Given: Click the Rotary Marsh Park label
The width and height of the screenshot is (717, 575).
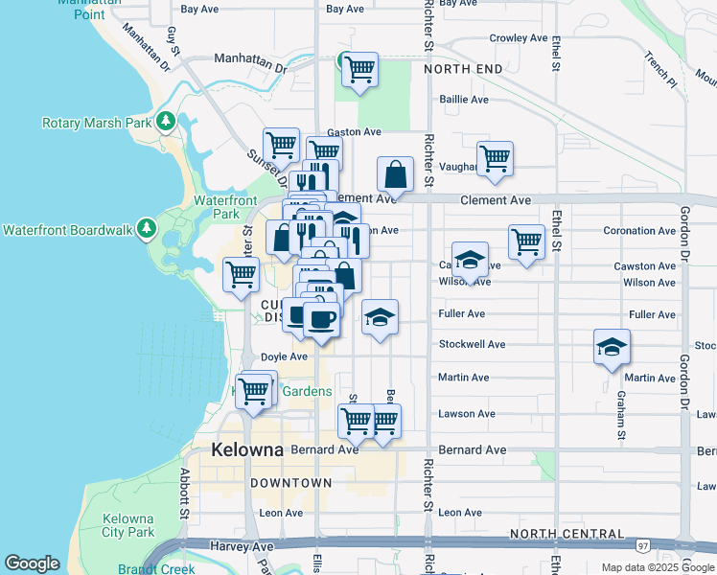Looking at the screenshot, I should (x=97, y=123).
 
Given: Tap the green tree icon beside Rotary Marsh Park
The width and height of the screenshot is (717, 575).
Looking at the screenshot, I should (x=167, y=122).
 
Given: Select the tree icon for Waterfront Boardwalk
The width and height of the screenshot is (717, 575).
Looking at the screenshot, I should (x=146, y=229).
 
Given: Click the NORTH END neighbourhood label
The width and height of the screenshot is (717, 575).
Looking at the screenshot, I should (x=462, y=70).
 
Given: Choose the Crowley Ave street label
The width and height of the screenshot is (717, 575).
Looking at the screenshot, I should (x=517, y=38).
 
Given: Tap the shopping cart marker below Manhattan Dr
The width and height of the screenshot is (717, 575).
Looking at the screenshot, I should (x=358, y=70).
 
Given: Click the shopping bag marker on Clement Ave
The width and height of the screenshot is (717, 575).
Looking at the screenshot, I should (x=395, y=176).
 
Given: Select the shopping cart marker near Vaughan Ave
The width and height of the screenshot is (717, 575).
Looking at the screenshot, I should (x=495, y=159).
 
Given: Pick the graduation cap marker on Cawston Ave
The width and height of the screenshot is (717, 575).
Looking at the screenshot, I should (x=469, y=261).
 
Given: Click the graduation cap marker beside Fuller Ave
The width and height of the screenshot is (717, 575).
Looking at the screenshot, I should (x=380, y=317).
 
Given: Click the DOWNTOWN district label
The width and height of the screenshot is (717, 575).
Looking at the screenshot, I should (x=291, y=484).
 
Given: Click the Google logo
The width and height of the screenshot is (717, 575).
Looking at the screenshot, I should (x=32, y=563).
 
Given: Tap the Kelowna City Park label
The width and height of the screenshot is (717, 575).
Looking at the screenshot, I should (x=128, y=525).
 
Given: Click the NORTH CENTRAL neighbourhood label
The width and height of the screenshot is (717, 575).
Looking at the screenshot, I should (x=567, y=533).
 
